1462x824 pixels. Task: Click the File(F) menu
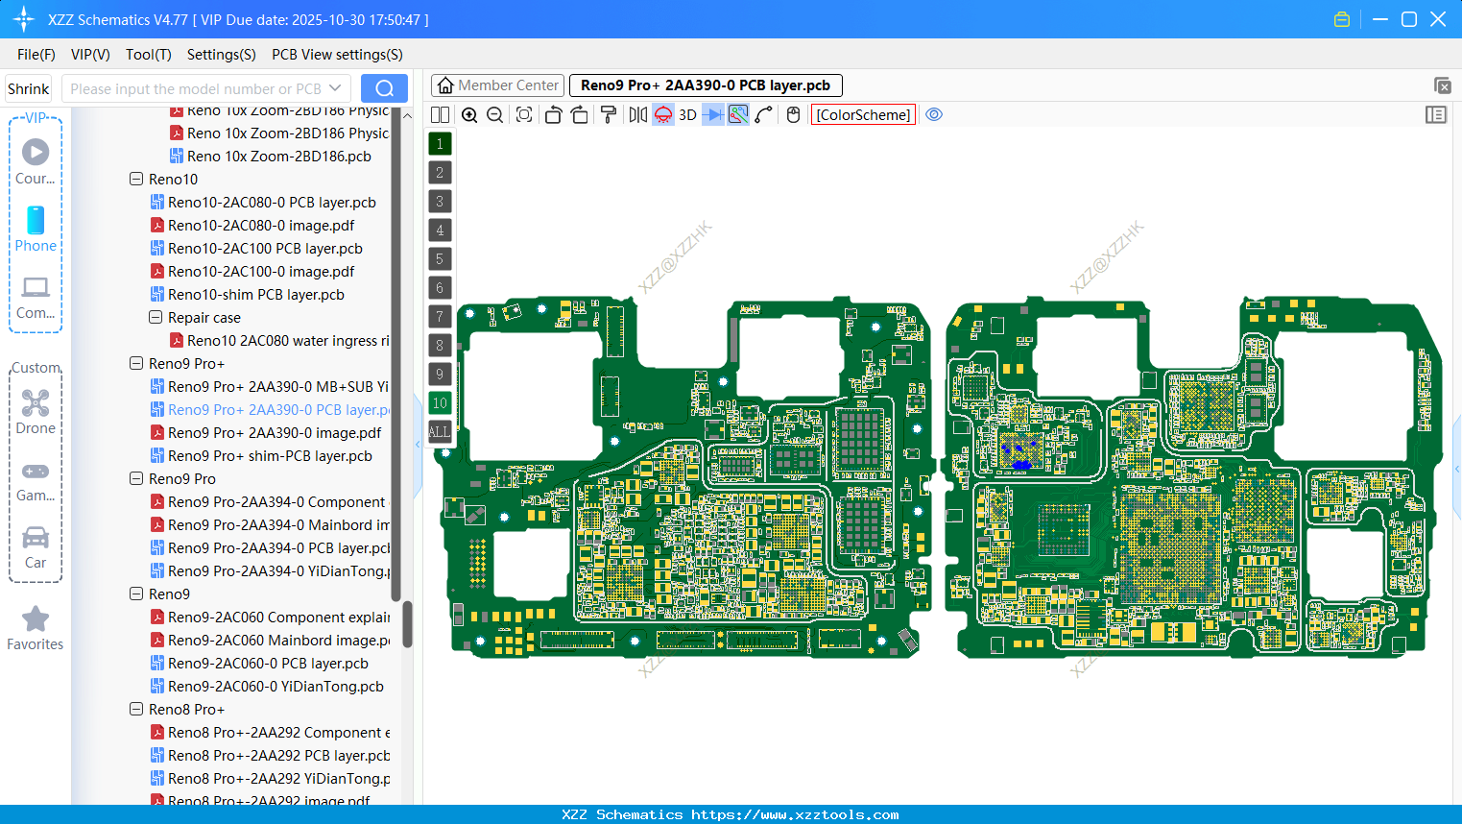(36, 55)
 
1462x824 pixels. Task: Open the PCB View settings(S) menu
(337, 55)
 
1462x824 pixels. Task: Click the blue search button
(384, 88)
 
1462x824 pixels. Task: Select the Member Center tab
(497, 85)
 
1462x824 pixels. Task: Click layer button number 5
(440, 259)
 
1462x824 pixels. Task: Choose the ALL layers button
(440, 432)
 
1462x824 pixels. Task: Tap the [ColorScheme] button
(863, 115)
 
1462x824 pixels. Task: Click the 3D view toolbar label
(687, 115)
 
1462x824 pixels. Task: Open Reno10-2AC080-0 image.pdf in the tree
(261, 226)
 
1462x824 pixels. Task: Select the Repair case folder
(204, 318)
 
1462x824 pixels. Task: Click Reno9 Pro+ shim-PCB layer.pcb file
(270, 456)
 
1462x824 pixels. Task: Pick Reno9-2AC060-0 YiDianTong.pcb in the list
(276, 687)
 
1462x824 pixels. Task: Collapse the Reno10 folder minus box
(136, 180)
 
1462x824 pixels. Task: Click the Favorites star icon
(36, 619)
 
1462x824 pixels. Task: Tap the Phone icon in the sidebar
(36, 221)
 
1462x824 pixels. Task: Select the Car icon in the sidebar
(36, 538)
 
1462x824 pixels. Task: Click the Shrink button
(28, 88)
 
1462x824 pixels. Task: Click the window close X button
(1438, 19)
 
